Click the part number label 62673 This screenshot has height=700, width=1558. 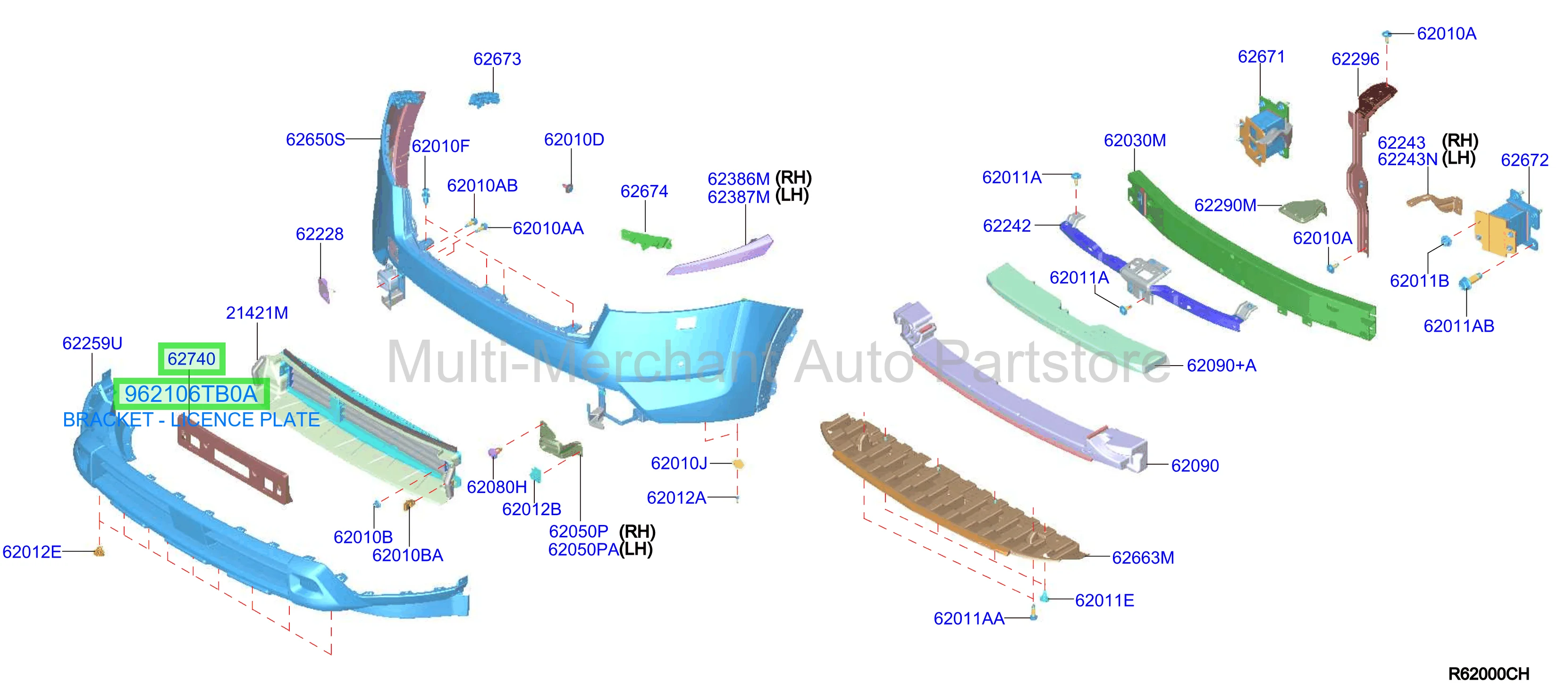click(x=497, y=59)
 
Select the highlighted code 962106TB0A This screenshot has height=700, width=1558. click(x=191, y=394)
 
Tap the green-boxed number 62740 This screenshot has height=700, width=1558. click(x=191, y=359)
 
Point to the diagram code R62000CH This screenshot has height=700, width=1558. click(x=1489, y=674)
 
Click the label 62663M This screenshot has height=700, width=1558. click(x=1143, y=558)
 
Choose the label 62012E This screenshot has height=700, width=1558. click(x=32, y=552)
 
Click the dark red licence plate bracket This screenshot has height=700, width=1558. click(x=235, y=462)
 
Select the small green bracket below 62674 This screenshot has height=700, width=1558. click(x=646, y=238)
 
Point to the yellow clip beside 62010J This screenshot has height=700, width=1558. click(x=738, y=464)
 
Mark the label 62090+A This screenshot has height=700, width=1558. click(x=1221, y=366)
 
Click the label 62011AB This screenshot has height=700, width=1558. click(x=1458, y=326)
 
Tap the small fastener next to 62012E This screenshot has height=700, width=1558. click(x=100, y=551)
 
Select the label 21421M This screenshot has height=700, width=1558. click(x=256, y=313)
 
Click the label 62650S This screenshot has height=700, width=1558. click(x=315, y=140)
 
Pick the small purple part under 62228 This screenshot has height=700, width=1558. click(x=324, y=290)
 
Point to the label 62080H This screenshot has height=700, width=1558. click(x=497, y=487)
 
